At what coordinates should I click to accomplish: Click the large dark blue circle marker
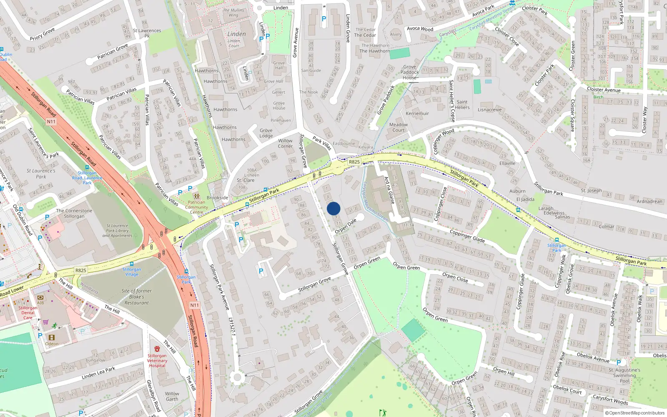tap(333, 208)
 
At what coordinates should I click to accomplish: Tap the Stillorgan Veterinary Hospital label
tap(157, 361)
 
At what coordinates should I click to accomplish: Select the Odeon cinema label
tap(52, 344)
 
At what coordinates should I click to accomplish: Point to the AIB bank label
tap(40, 303)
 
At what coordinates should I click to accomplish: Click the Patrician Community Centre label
tap(196, 207)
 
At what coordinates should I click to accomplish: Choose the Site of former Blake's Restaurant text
tap(137, 297)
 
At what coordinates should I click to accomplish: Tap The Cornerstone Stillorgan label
tap(74, 214)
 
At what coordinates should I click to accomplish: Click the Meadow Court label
tap(399, 127)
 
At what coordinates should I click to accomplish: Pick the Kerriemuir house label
tap(417, 113)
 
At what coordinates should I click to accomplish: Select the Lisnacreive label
tap(490, 110)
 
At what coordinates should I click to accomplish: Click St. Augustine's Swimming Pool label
tap(624, 375)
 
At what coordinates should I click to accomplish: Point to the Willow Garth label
tap(172, 396)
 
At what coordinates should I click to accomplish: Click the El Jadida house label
tap(525, 199)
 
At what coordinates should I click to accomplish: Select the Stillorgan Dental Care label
tap(28, 313)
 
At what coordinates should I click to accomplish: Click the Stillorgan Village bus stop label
tap(132, 271)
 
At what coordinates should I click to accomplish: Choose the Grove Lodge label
tap(266, 133)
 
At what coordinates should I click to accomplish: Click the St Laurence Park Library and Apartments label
tap(117, 231)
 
